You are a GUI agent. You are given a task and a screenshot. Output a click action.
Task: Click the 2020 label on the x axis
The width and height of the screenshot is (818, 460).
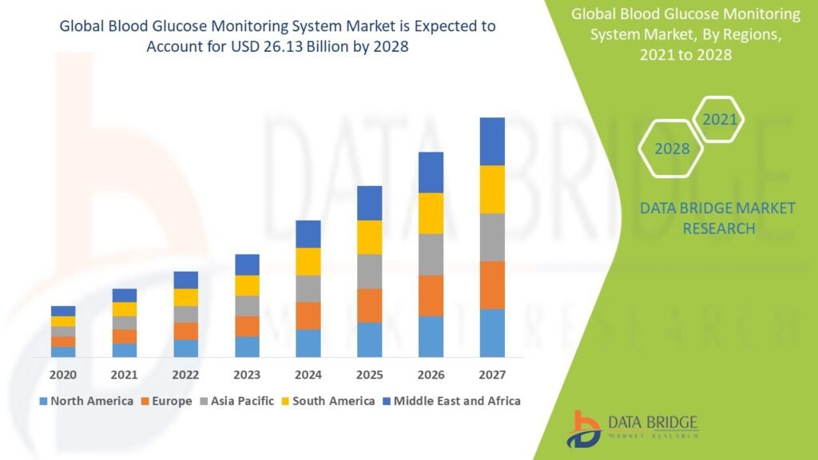63,375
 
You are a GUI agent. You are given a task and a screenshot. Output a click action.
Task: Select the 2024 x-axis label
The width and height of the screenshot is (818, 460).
308,375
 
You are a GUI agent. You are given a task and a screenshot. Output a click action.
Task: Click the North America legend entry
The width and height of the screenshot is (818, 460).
85,401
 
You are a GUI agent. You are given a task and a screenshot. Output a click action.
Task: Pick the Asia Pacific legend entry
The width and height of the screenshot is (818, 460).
236,401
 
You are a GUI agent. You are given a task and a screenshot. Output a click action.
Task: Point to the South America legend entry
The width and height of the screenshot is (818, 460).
328,401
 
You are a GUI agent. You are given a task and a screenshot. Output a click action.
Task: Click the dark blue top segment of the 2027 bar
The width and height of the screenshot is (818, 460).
492,141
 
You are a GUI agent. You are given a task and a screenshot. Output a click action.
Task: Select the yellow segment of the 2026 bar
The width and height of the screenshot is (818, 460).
431,213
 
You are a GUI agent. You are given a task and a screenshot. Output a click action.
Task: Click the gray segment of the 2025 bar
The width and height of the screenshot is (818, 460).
369,272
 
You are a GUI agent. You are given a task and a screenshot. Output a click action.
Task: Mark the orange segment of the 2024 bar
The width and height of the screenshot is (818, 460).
308,315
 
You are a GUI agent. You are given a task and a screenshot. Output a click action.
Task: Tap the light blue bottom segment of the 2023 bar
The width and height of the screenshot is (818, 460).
247,347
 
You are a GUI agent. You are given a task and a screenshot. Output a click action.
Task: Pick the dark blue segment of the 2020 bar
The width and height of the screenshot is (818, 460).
63,311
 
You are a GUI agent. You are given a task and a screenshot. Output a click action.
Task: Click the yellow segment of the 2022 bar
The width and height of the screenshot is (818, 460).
185,297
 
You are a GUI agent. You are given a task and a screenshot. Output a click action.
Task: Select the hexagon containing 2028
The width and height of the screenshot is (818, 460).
672,149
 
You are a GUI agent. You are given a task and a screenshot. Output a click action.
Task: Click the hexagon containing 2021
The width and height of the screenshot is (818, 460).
719,121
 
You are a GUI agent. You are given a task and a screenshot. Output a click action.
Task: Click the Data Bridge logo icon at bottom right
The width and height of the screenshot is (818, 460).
586,429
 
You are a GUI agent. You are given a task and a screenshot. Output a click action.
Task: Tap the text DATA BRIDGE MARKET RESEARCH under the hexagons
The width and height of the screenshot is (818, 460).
717,218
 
